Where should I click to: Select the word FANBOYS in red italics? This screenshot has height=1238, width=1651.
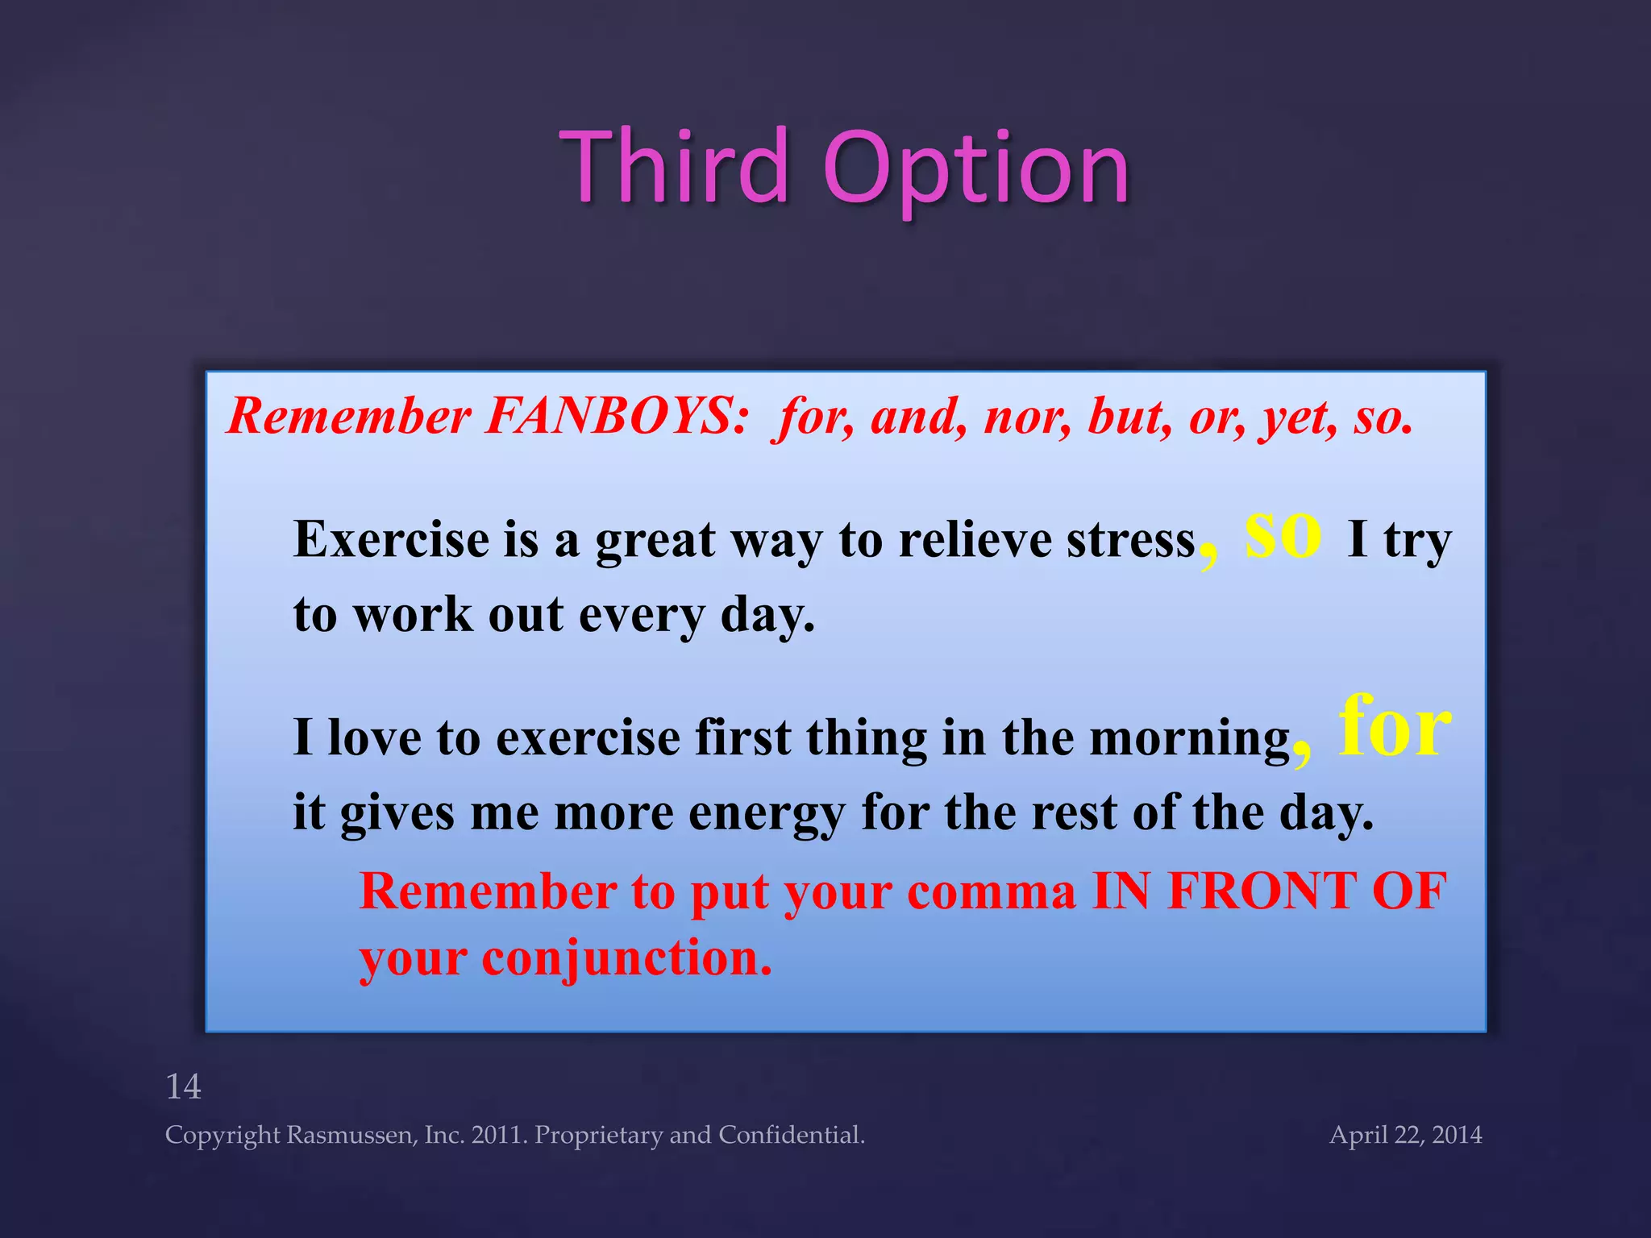click(616, 417)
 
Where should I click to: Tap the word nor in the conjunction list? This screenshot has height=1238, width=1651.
click(1027, 417)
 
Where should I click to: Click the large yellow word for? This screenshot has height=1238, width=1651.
click(1395, 727)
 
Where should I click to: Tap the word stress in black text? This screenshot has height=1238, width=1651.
click(1130, 540)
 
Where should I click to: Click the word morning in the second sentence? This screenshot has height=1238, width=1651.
click(1190, 738)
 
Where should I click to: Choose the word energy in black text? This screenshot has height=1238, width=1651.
click(766, 814)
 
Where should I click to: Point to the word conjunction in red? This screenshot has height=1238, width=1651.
click(626, 959)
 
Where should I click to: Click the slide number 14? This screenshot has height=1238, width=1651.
click(183, 1086)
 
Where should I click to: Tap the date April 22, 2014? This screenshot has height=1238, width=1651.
click(1405, 1135)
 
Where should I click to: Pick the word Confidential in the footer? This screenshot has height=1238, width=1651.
click(791, 1135)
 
